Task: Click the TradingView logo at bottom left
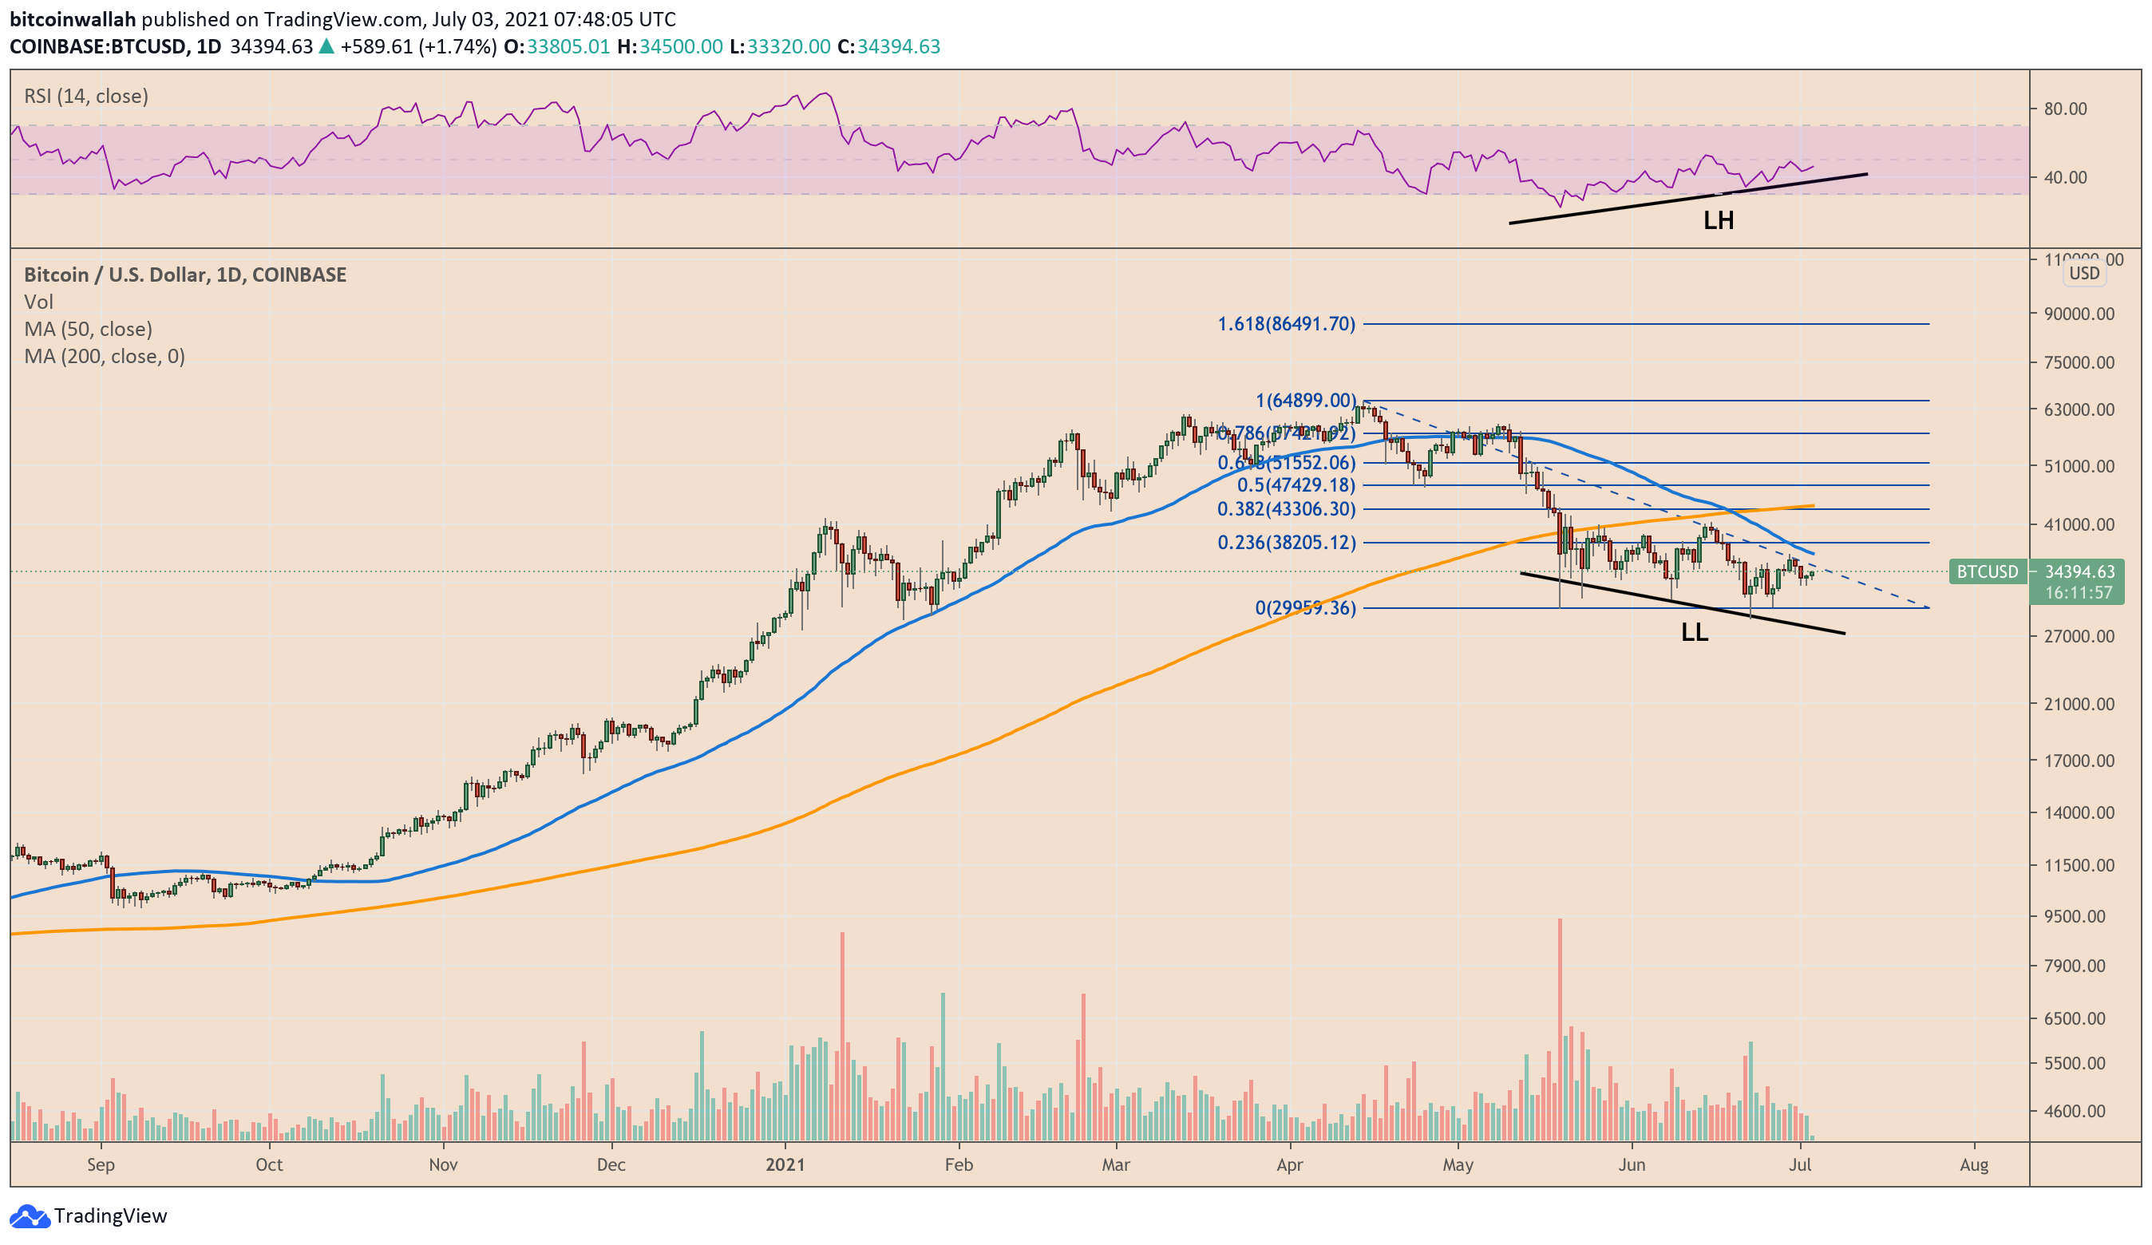click(88, 1215)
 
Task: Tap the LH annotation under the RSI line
click(1719, 221)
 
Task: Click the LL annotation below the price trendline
click(1695, 633)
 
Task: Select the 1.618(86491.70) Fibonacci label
click(1286, 325)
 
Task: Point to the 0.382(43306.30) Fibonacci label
click(1286, 510)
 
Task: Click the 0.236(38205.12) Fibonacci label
click(1286, 543)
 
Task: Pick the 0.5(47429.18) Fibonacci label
click(1296, 486)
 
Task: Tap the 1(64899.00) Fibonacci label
click(1305, 401)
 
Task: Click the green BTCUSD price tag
click(1988, 572)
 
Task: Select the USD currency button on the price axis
click(2083, 273)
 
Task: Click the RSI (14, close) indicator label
click(86, 97)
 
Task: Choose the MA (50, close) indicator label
click(88, 330)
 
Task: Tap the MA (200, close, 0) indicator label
click(105, 357)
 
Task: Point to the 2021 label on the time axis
click(785, 1164)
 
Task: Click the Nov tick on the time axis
click(443, 1164)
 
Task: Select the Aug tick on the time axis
click(1973, 1164)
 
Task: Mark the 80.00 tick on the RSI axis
click(2065, 109)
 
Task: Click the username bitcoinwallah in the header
click(73, 19)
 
